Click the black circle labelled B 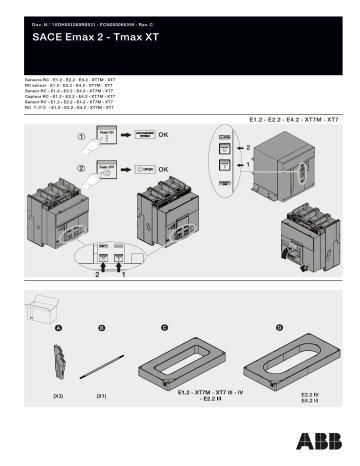pyautogui.click(x=101, y=327)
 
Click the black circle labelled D pyautogui.click(x=279, y=327)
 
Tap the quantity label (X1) pyautogui.click(x=101, y=397)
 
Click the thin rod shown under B pyautogui.click(x=102, y=366)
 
